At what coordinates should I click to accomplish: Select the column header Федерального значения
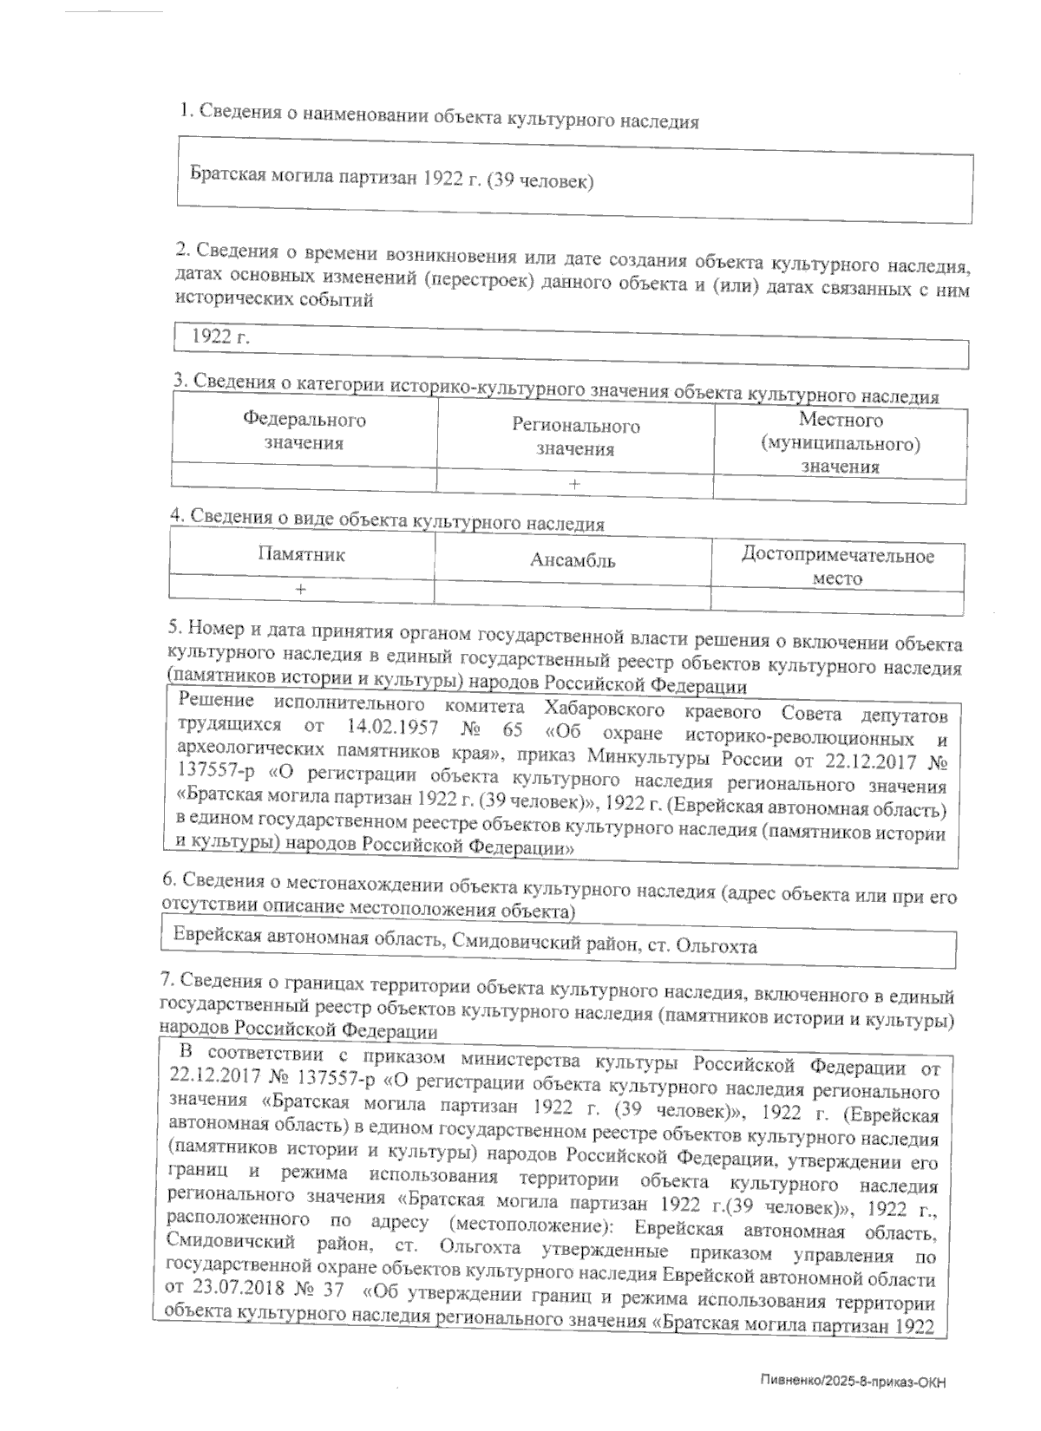click(304, 431)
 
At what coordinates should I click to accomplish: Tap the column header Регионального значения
click(575, 437)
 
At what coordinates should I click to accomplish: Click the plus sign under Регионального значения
click(575, 483)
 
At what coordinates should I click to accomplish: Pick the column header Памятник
click(301, 554)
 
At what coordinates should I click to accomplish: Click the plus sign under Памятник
click(300, 589)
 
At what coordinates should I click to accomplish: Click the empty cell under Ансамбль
click(573, 592)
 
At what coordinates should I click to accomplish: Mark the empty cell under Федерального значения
click(304, 474)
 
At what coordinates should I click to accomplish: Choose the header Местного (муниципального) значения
click(840, 443)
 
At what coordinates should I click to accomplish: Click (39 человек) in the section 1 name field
click(539, 181)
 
